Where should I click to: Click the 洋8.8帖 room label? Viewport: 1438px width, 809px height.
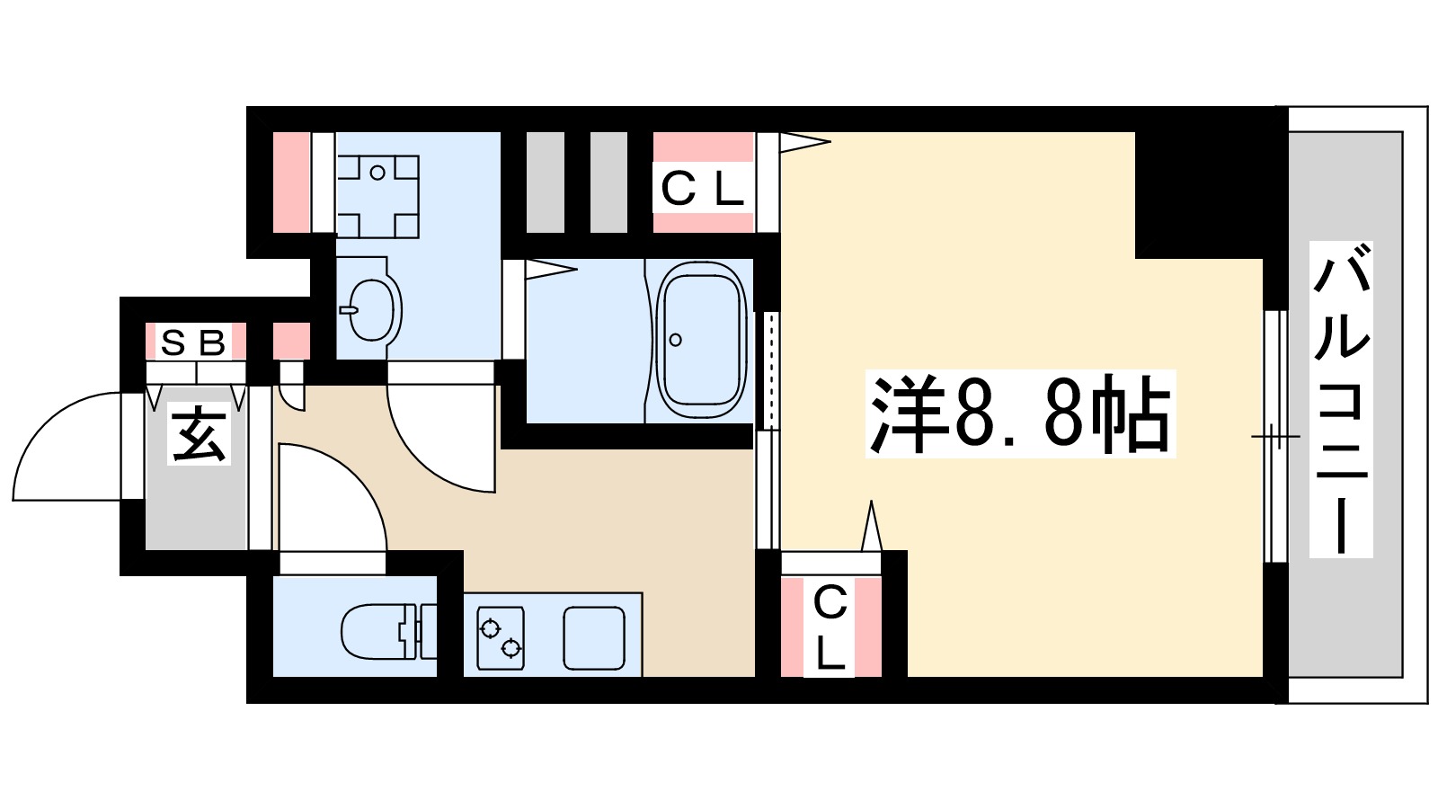click(x=1020, y=414)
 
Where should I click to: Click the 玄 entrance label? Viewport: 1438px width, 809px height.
click(x=200, y=434)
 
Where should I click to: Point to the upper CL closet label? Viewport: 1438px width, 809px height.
click(x=703, y=189)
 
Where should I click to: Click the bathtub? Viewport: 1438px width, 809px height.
click(x=702, y=341)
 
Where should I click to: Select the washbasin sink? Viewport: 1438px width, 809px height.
click(x=370, y=307)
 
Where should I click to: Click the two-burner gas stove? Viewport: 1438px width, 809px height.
click(x=501, y=637)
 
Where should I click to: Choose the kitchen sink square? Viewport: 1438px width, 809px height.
click(x=594, y=637)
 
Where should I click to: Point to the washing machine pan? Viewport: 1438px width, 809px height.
click(x=377, y=196)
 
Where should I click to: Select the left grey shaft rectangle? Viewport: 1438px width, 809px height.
click(x=545, y=182)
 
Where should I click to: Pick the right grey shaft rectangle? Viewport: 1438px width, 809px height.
click(x=608, y=182)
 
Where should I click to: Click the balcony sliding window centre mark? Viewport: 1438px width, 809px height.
click(x=1275, y=437)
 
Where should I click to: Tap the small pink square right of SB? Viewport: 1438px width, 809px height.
click(x=291, y=342)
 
